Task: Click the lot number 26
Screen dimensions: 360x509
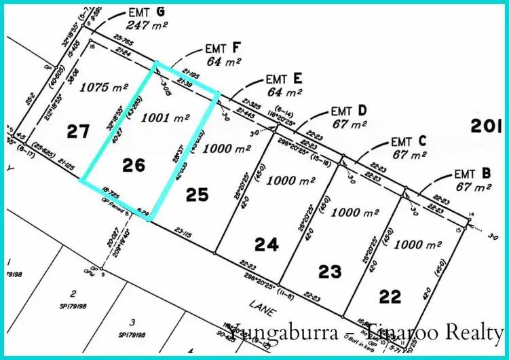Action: [x=134, y=164]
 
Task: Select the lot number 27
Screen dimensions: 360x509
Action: [x=78, y=130]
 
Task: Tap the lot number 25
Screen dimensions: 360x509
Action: [x=196, y=195]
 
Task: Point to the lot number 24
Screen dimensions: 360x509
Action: [x=267, y=244]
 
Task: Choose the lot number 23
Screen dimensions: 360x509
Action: [x=329, y=272]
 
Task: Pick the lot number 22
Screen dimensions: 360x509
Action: [x=390, y=296]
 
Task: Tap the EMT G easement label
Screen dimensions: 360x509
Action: [x=147, y=12]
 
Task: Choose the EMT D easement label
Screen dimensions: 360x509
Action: [x=349, y=110]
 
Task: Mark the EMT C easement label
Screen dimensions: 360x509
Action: [x=409, y=142]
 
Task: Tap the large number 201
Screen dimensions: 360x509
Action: [x=487, y=126]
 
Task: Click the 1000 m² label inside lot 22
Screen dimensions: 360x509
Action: [x=413, y=245]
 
